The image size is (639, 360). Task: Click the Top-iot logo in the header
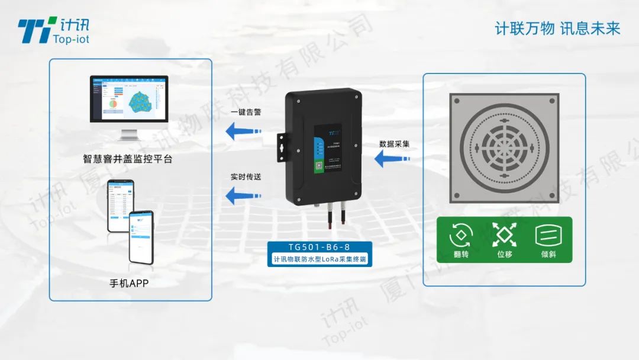coord(53,29)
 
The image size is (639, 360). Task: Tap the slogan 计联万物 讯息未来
coord(557,28)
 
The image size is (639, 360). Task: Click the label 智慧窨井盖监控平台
coord(128,159)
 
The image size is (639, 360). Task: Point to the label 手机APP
coord(130,283)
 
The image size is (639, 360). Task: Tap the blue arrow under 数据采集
coord(392,159)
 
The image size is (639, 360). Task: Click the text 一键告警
coord(246,112)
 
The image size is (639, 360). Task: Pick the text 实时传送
coord(246,176)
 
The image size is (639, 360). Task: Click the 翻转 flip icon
coord(461,235)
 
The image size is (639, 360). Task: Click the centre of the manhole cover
coord(504,147)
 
